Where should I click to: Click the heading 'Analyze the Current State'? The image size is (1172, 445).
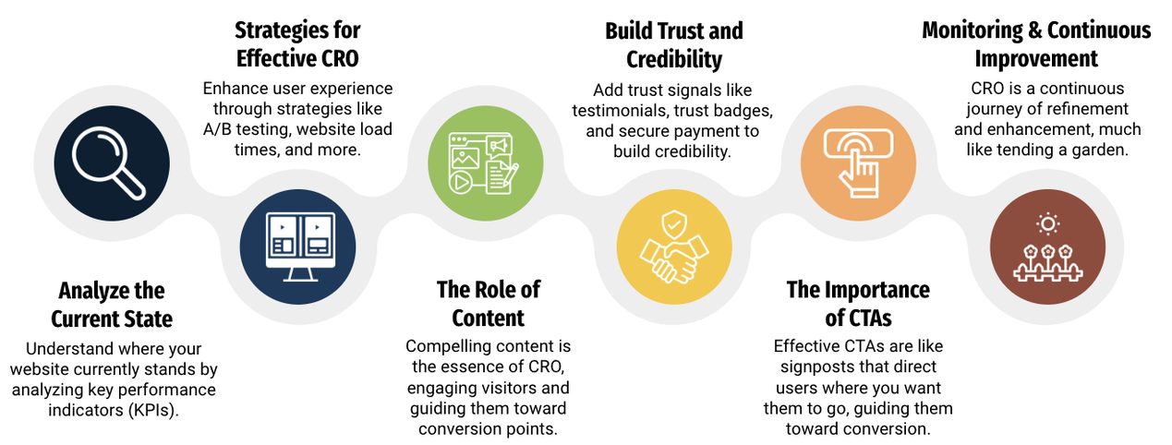pos(111,305)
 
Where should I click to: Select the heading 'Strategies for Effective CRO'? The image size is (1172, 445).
pos(296,45)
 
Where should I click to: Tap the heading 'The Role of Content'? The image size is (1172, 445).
pos(488,304)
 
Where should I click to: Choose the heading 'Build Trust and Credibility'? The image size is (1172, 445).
pos(673,45)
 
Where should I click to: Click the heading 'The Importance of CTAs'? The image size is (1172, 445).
pos(858,304)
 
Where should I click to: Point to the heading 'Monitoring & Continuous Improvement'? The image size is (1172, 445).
pos(1036,44)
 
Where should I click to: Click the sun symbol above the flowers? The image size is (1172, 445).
pos(1047,223)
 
